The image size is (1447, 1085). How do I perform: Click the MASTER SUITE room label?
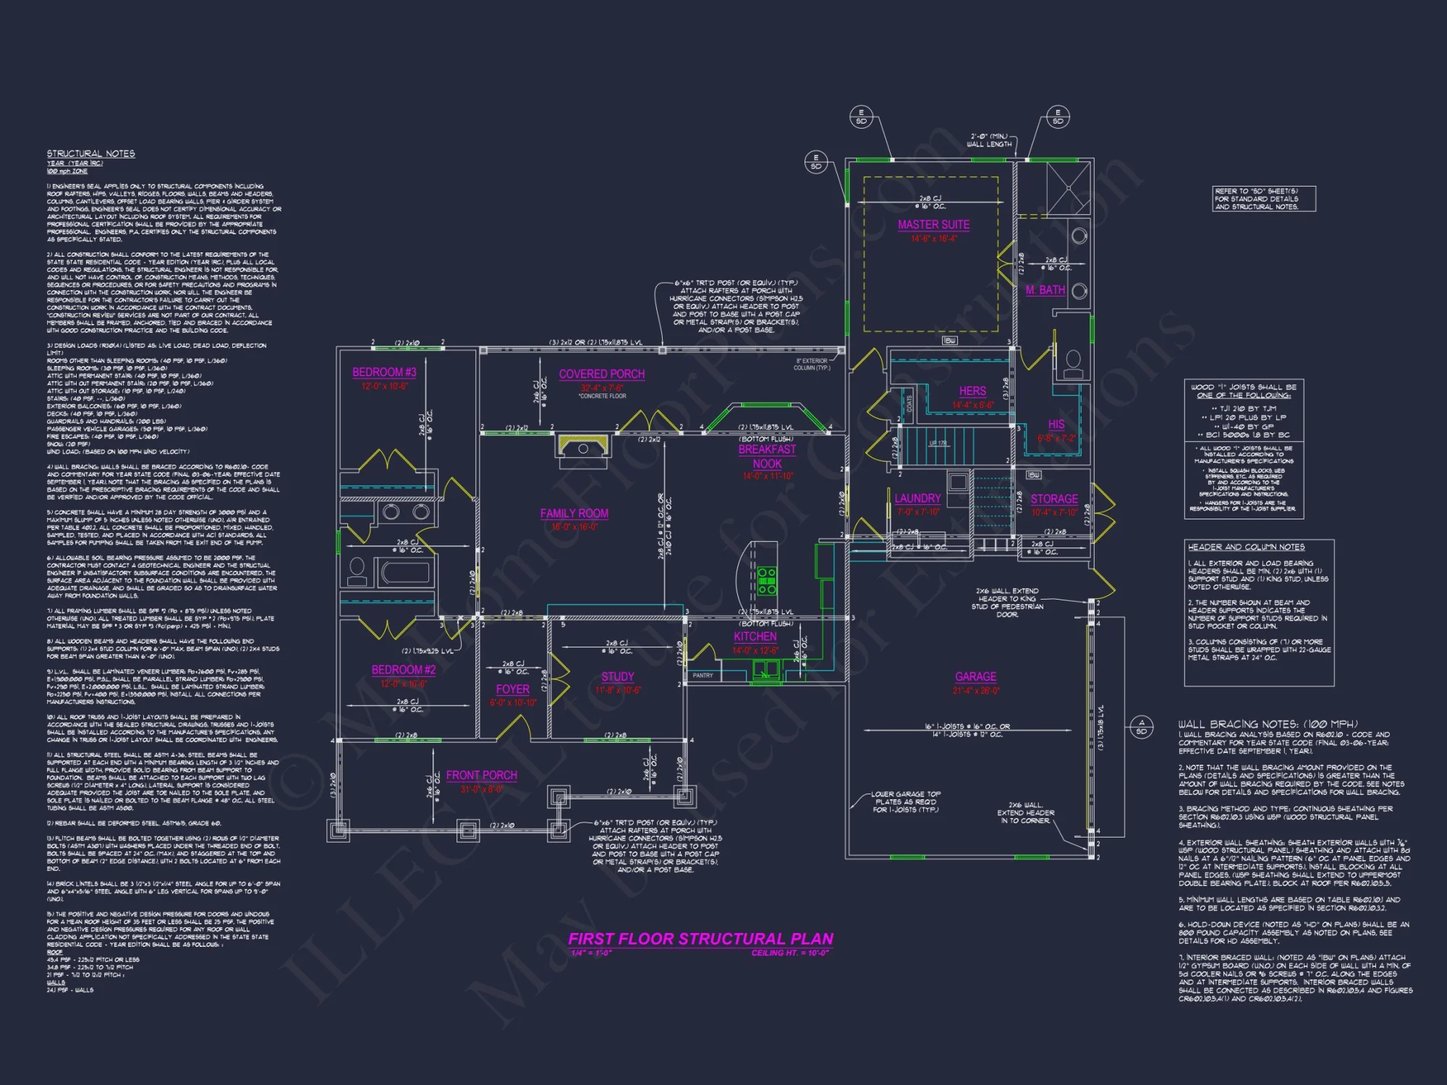pos(933,225)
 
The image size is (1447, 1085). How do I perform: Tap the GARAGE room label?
pos(975,677)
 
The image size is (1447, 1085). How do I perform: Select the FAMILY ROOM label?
pos(574,514)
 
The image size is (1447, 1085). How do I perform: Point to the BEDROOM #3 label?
pos(384,373)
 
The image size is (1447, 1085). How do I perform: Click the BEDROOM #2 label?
pos(403,671)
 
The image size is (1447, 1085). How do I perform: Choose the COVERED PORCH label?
pos(601,375)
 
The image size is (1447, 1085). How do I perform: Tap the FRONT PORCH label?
pos(481,775)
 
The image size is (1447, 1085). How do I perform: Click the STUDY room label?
pos(617,677)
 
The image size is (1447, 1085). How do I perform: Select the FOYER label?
pos(512,690)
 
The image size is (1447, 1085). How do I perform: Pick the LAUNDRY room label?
pos(917,499)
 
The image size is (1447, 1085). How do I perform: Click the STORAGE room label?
pos(1054,500)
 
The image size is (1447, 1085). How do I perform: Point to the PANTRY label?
pos(703,676)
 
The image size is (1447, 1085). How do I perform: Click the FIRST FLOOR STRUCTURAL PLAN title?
pos(700,939)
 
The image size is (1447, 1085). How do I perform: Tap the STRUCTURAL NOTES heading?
pos(91,154)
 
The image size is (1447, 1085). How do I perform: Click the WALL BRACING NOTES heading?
pos(1268,724)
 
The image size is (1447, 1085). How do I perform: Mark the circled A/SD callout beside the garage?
pos(1142,727)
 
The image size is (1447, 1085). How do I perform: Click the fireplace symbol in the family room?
pos(583,446)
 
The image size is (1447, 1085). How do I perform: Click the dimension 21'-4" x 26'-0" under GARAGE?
pos(975,691)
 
